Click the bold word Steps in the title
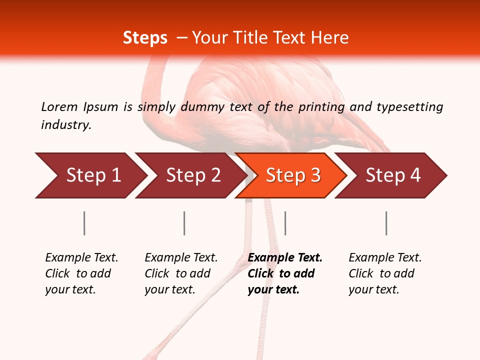coord(145,38)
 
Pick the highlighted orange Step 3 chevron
coord(293,175)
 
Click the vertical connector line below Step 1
coord(84,223)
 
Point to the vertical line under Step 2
coord(184,223)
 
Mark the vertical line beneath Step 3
coord(285,223)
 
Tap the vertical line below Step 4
coord(386,223)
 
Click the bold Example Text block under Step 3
coord(284,273)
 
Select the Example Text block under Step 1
coord(81,273)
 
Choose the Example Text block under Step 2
coord(180,273)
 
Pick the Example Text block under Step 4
coord(384,273)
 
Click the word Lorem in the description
coord(59,106)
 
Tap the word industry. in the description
coord(66,125)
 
